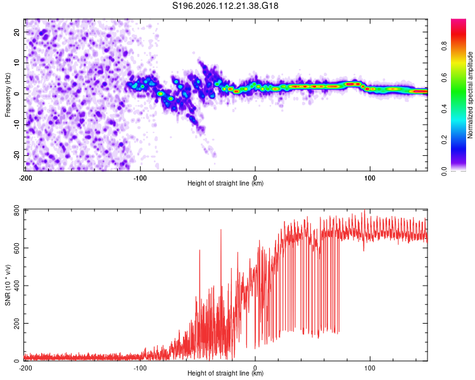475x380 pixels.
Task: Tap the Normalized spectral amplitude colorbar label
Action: tap(471, 95)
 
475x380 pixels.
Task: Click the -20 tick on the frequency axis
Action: tap(16, 155)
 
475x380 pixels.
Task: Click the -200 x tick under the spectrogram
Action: tap(25, 177)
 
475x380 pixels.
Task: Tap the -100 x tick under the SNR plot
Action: tap(140, 368)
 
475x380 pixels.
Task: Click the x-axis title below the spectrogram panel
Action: tap(226, 184)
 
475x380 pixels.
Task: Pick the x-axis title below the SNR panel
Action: tap(226, 374)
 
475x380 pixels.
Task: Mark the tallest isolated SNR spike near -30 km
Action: tap(220, 230)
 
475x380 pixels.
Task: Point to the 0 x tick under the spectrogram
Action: tap(255, 177)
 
